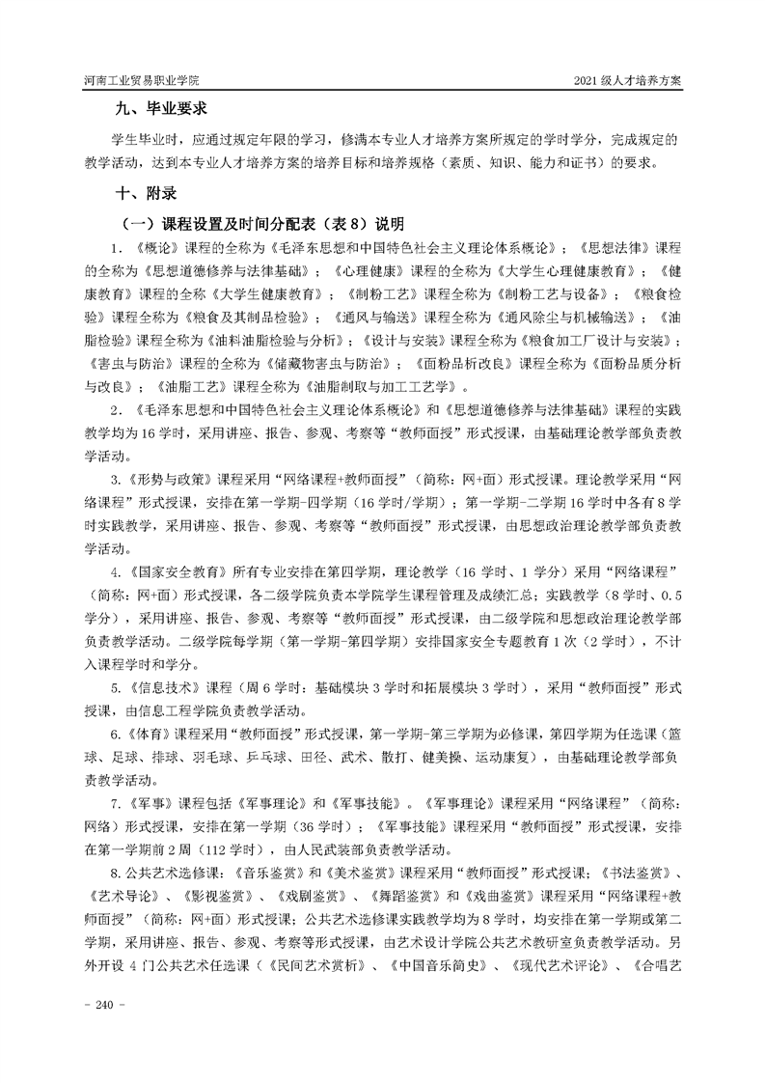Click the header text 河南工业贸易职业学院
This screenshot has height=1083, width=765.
pyautogui.click(x=144, y=82)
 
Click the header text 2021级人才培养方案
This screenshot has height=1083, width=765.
pyautogui.click(x=627, y=82)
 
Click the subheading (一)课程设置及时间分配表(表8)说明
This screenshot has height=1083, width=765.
pyautogui.click(x=259, y=223)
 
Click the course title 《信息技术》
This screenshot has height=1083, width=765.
pyautogui.click(x=168, y=687)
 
